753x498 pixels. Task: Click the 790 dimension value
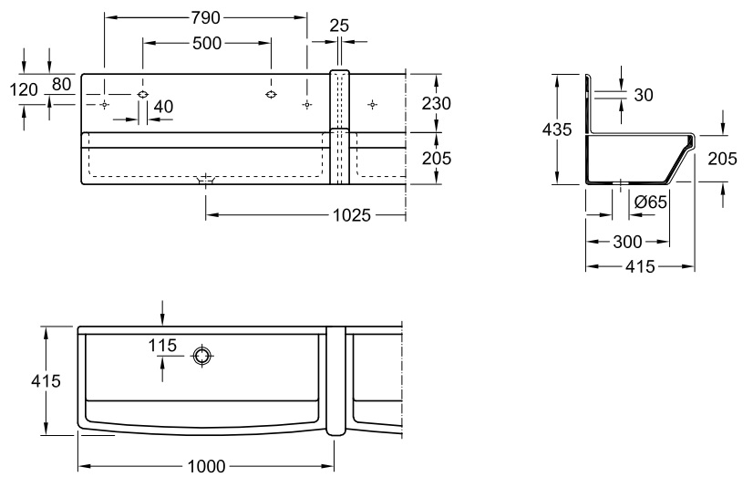[206, 17]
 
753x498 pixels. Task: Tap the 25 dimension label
[338, 26]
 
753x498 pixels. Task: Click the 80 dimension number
[61, 84]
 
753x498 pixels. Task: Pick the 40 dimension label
[163, 107]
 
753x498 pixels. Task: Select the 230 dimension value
[436, 103]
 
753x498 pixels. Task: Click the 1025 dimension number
[352, 215]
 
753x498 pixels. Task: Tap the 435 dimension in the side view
[557, 130]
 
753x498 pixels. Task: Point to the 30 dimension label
[644, 95]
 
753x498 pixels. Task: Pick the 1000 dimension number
[207, 467]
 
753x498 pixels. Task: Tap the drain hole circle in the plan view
[201, 357]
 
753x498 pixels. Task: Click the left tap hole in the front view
[142, 94]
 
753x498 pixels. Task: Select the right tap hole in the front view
[271, 94]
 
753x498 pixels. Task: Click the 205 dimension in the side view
[722, 158]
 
